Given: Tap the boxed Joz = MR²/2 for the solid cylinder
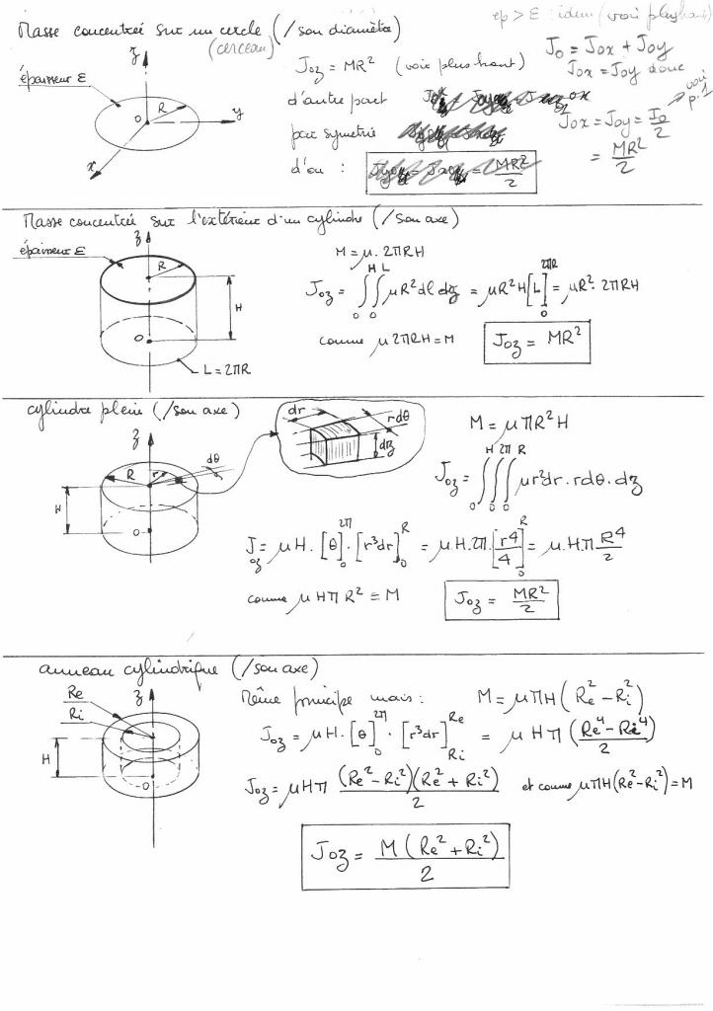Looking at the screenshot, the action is [503, 600].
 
